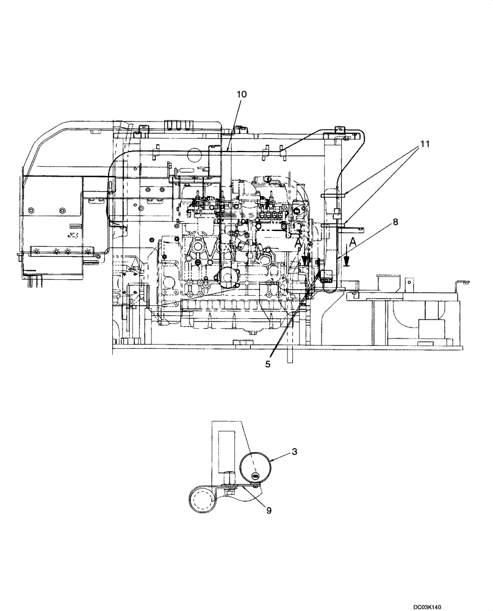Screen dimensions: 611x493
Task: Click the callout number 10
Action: pos(242,94)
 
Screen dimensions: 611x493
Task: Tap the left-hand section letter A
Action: pos(298,243)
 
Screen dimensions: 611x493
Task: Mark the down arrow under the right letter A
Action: pos(346,260)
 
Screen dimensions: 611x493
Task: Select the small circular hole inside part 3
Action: pos(256,477)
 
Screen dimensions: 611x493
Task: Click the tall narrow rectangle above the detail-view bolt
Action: pos(227,447)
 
